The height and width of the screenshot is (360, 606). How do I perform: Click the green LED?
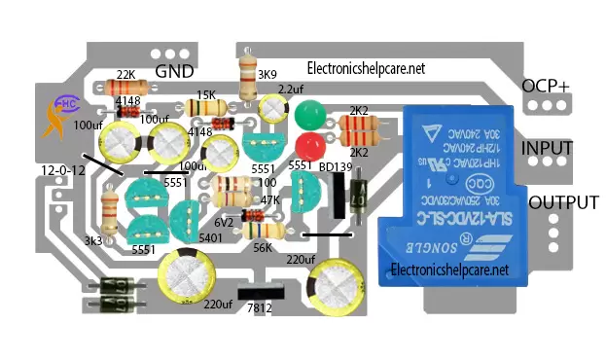pyautogui.click(x=310, y=116)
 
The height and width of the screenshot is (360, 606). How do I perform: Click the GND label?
pyautogui.click(x=175, y=72)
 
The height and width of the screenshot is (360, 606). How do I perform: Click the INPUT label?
pyautogui.click(x=547, y=148)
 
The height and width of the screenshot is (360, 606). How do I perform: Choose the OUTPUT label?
pyautogui.click(x=563, y=202)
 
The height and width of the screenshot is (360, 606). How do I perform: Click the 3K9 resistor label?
pyautogui.click(x=267, y=74)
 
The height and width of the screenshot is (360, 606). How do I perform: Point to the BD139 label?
pyautogui.click(x=336, y=166)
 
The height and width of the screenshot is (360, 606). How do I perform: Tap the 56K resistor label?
pyautogui.click(x=262, y=247)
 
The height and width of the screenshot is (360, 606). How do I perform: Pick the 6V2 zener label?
pyautogui.click(x=227, y=221)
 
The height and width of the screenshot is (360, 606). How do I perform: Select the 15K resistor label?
pyautogui.click(x=206, y=94)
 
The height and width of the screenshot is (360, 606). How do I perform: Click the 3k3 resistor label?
pyautogui.click(x=93, y=240)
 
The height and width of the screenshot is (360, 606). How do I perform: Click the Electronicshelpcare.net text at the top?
pyautogui.click(x=366, y=69)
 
